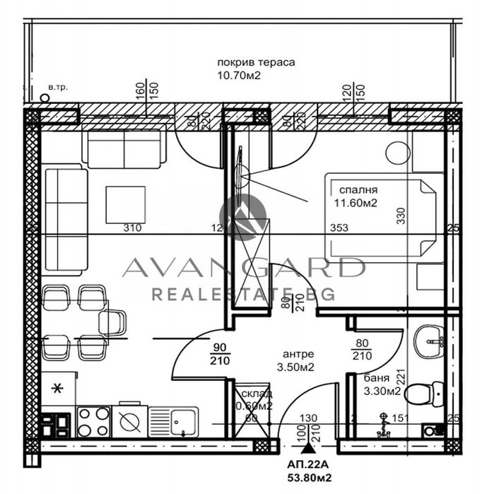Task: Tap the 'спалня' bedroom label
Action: [358, 190]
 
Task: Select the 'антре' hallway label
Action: [298, 353]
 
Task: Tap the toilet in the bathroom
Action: [428, 390]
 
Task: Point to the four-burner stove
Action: [93, 422]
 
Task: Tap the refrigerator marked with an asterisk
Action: [59, 388]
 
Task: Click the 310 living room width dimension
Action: [132, 228]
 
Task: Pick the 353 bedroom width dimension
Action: [339, 228]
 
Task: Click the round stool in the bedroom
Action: [398, 153]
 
